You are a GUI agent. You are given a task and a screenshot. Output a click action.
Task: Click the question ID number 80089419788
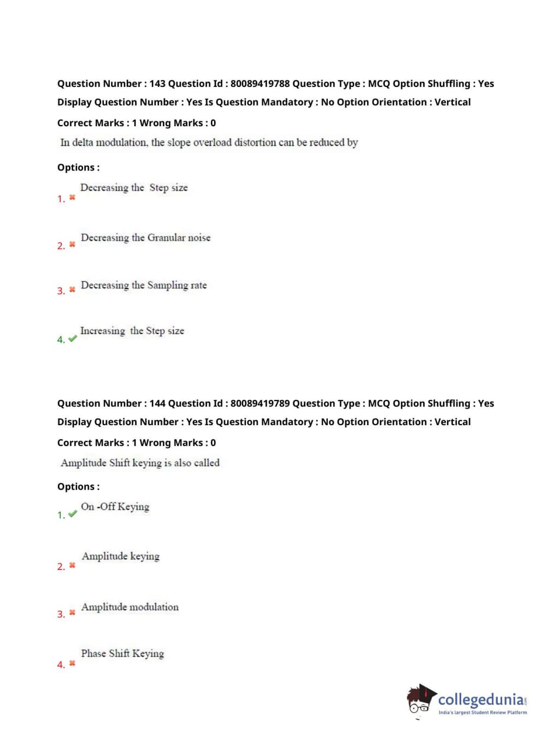coord(260,84)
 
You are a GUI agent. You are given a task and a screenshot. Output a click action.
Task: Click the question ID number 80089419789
coord(260,403)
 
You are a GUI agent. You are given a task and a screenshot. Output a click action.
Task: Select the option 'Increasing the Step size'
coord(132,331)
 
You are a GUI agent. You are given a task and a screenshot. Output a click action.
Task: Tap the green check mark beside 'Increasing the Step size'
coord(73,339)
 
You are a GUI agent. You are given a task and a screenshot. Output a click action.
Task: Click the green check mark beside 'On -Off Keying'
coord(73,514)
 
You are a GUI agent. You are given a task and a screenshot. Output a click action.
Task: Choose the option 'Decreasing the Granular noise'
coord(145,238)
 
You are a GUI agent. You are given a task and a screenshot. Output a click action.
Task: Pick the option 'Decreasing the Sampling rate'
coord(144,285)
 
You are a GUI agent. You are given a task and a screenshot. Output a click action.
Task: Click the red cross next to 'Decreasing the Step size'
coord(72,197)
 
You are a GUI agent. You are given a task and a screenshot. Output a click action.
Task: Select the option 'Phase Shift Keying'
coord(122,654)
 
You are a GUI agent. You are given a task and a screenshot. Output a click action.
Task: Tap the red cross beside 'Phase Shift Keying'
coord(72,663)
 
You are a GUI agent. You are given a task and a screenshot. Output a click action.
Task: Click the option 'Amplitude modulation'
coord(130,607)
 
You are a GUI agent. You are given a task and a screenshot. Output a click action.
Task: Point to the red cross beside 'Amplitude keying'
coord(72,566)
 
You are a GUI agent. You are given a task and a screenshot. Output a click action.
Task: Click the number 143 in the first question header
coord(157,84)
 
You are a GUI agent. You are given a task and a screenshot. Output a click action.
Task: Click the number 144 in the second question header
coord(157,403)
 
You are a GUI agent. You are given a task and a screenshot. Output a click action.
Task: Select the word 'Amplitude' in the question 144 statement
coord(84,463)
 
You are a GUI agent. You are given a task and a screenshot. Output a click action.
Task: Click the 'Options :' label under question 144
coord(79,486)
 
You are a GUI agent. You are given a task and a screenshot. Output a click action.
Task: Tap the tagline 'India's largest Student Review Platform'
coord(483,712)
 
